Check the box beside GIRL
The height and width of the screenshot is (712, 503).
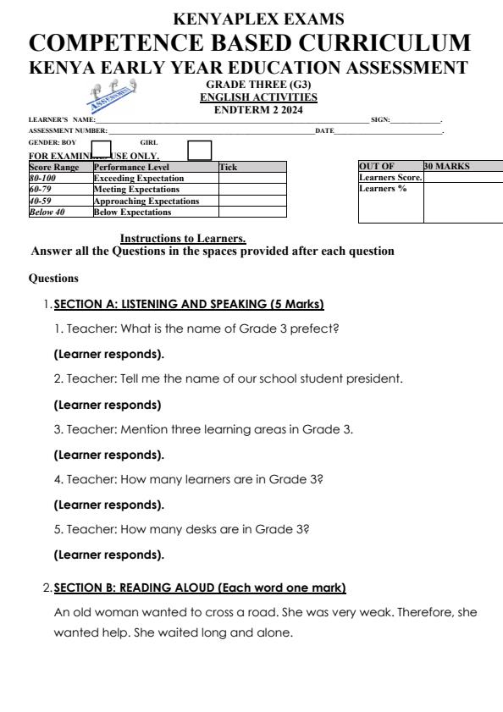(x=199, y=151)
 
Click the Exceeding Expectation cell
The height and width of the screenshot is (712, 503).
(x=138, y=179)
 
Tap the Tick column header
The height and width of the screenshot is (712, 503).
(x=229, y=168)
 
